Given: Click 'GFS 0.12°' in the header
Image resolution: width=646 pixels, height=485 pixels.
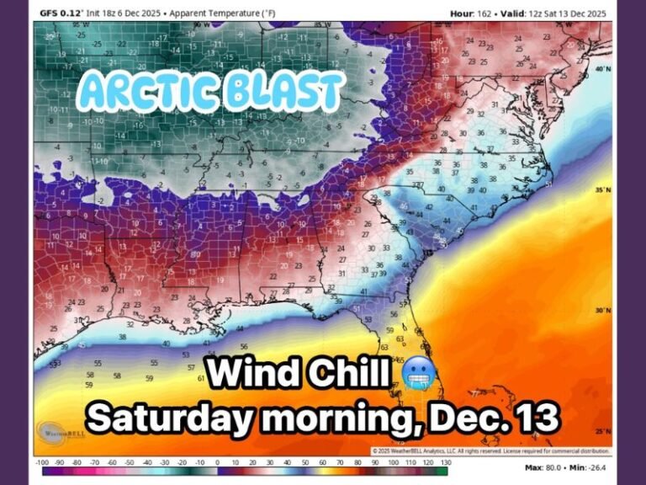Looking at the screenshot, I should (x=60, y=13).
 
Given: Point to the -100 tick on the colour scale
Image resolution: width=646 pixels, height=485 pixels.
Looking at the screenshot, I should (x=41, y=463).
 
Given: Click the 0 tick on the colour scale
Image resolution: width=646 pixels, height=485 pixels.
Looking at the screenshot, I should (x=217, y=463).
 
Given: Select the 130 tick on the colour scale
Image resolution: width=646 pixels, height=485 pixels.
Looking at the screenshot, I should (x=445, y=463).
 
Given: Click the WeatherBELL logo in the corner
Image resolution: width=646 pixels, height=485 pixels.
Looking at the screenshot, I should (x=56, y=431).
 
